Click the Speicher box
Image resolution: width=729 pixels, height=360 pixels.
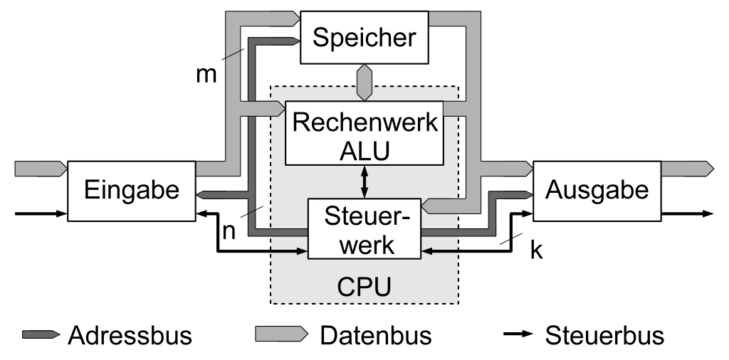[364, 37]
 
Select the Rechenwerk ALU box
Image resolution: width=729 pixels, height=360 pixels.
[364, 133]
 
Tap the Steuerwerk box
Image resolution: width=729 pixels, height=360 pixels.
[364, 228]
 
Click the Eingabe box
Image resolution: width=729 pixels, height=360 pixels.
[132, 191]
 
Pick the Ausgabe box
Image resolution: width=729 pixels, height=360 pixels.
[597, 191]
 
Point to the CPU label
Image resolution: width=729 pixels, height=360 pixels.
[364, 287]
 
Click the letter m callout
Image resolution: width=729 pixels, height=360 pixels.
[206, 74]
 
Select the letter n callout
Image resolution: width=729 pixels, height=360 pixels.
[229, 231]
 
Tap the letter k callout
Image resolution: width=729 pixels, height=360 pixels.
[536, 250]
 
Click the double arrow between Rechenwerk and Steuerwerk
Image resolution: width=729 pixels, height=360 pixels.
[364, 181]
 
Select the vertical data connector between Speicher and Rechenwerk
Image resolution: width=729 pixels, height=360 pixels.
[364, 83]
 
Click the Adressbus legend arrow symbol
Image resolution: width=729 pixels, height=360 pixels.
[41, 334]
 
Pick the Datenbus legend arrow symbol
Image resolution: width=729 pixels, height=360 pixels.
[281, 334]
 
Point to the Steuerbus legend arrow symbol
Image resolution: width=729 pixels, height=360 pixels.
[518, 334]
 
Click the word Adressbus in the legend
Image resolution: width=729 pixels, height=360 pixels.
[130, 335]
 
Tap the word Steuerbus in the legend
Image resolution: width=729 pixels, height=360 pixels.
[604, 335]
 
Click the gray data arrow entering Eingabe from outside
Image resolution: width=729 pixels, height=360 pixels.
[41, 169]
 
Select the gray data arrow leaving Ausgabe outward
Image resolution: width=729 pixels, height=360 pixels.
[687, 169]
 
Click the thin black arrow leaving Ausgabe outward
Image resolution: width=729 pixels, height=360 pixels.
[687, 213]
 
